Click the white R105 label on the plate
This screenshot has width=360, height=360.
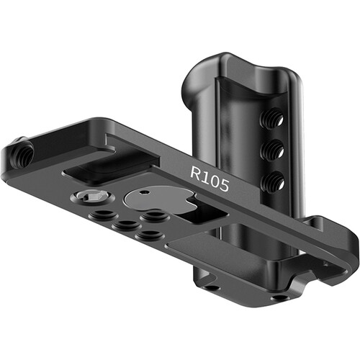[210, 179]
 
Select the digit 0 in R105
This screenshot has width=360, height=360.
[214, 181]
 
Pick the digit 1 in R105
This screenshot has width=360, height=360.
[205, 176]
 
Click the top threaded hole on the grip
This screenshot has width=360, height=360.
[271, 119]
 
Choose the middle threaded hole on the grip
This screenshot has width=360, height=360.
[272, 150]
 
